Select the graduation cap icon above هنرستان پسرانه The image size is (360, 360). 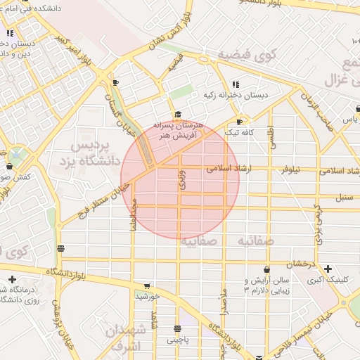[177, 115]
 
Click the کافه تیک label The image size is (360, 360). [238, 132]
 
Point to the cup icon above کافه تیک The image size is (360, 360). [243, 120]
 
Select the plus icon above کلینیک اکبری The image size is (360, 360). [328, 269]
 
